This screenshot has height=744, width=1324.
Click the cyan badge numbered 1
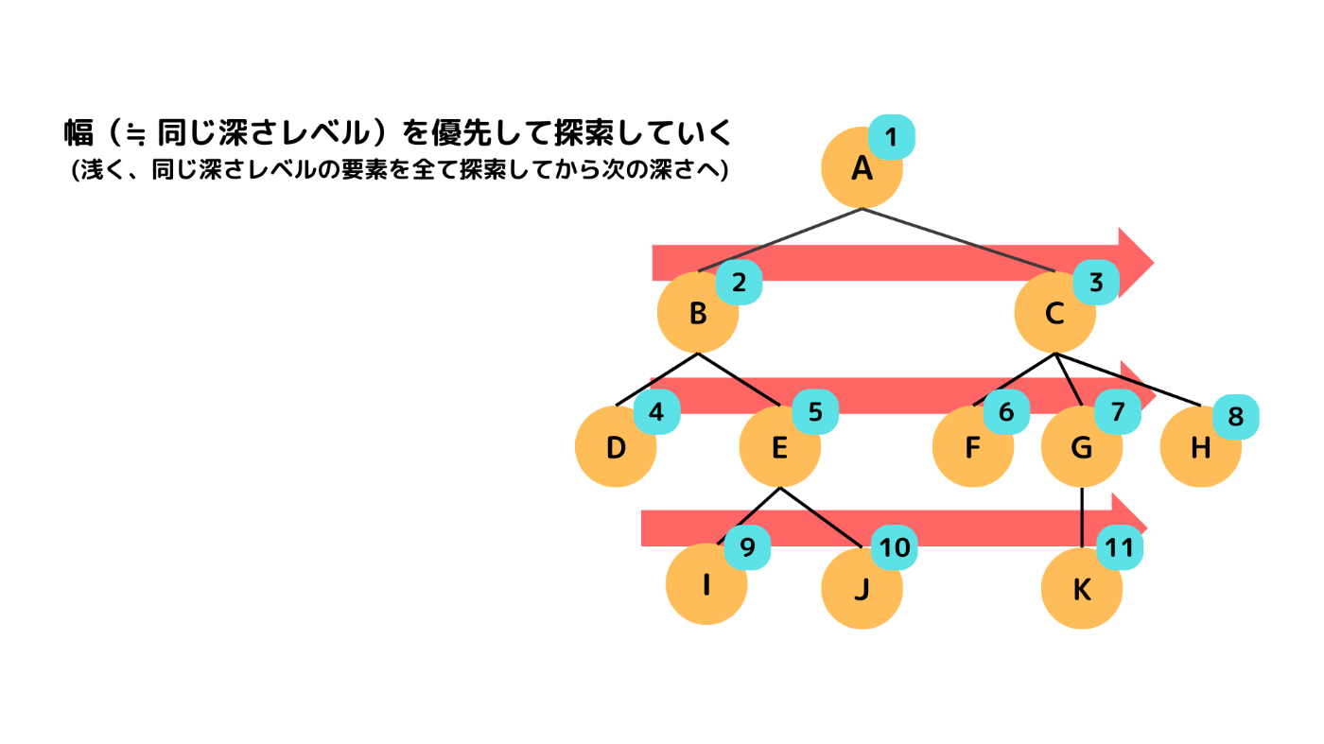click(x=891, y=138)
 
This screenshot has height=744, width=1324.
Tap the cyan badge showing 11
click(x=1120, y=547)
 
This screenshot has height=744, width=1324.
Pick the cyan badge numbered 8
click(x=1235, y=416)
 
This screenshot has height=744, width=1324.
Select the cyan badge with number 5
click(x=814, y=412)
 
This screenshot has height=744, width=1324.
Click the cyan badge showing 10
click(x=894, y=547)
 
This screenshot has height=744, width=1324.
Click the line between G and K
click(x=1081, y=518)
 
